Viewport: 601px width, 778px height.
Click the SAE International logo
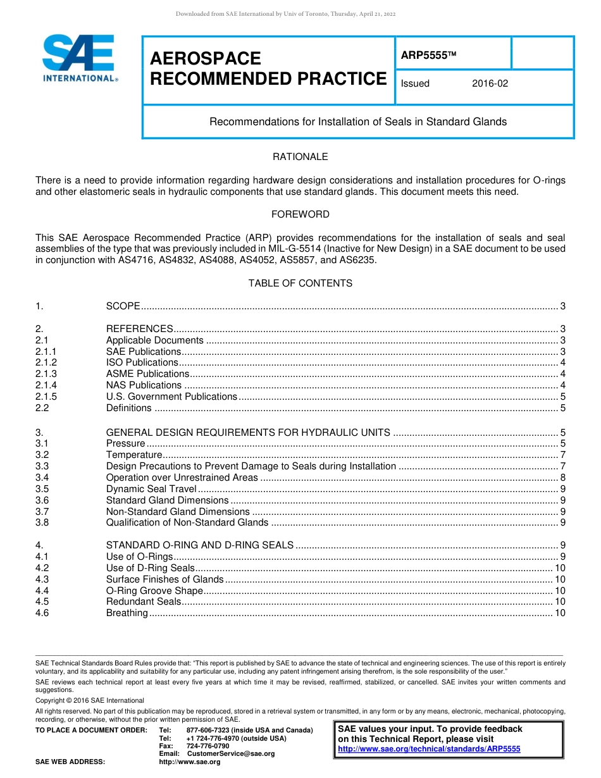[79, 58]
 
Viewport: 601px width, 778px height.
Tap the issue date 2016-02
[490, 83]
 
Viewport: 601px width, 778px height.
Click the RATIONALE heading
[300, 157]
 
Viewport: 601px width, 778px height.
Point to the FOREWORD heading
[300, 214]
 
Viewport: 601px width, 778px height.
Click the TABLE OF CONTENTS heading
[300, 283]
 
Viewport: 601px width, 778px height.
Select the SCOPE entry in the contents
[123, 306]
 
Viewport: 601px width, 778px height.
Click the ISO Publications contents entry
[142, 362]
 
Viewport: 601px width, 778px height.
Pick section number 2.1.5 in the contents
[46, 397]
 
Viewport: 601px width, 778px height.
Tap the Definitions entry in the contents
[128, 408]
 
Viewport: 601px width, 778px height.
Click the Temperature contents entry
[134, 455]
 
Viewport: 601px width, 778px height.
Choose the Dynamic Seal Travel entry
[152, 489]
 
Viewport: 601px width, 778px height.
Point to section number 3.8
[42, 522]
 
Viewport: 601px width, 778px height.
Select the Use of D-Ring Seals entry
[151, 568]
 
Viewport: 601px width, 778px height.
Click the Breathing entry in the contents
[127, 613]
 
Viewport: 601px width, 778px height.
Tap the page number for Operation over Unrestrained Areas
[562, 478]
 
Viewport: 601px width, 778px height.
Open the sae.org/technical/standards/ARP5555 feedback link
[429, 749]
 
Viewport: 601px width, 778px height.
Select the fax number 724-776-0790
[208, 746]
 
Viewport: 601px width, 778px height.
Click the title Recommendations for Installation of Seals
[358, 121]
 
